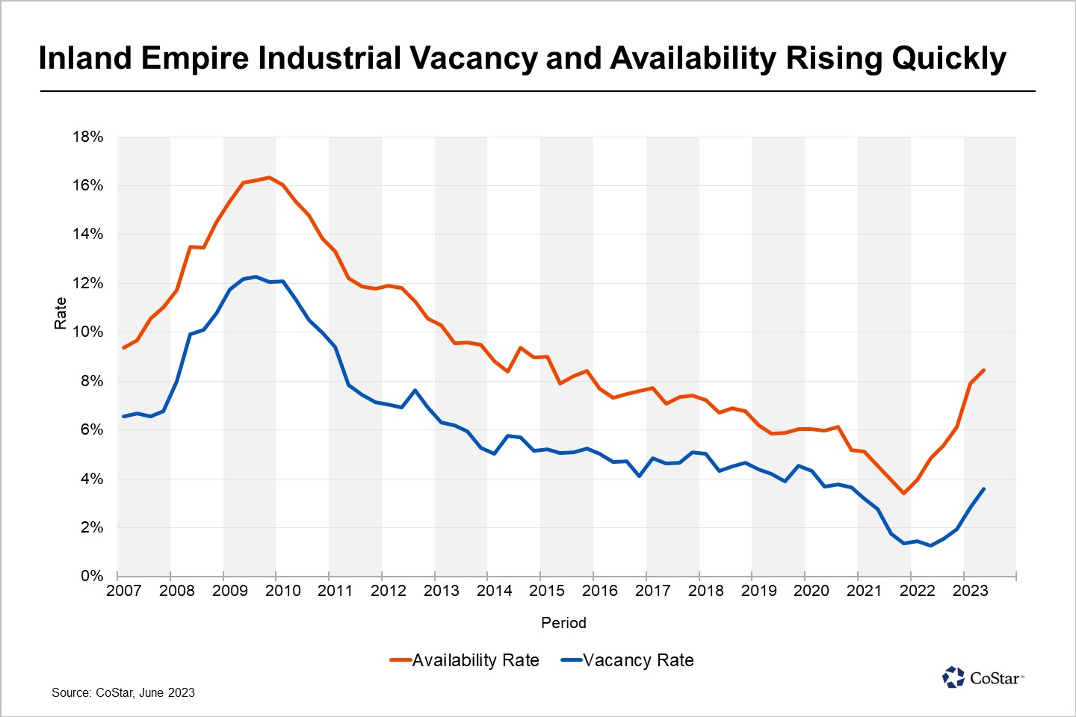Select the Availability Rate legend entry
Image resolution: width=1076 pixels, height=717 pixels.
[x=465, y=660]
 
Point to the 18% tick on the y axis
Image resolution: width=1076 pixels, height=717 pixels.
[x=87, y=137]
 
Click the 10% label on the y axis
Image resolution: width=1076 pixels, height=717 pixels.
[x=87, y=332]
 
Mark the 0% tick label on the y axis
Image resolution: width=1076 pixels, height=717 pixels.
[x=91, y=576]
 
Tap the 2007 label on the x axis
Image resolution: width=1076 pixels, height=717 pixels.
[x=124, y=591]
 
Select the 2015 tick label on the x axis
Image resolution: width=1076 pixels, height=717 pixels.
[x=547, y=591]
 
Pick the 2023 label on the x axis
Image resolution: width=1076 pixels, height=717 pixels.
[x=970, y=591]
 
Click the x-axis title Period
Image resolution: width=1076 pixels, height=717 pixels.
[x=563, y=623]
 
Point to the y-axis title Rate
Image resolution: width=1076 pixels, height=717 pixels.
[x=61, y=313]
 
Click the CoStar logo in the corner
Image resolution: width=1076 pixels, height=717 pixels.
[x=983, y=677]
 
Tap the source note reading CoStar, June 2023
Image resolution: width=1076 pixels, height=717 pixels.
[x=123, y=692]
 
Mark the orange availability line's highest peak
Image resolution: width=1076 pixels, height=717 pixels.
[x=269, y=178]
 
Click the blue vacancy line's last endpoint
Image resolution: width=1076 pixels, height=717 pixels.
[x=983, y=489]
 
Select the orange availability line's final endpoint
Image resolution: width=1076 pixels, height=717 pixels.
[x=983, y=370]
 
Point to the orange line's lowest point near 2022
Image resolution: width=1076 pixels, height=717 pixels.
[x=903, y=493]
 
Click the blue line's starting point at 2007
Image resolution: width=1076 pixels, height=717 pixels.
[x=124, y=416]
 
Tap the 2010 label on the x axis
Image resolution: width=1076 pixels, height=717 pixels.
[x=282, y=591]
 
